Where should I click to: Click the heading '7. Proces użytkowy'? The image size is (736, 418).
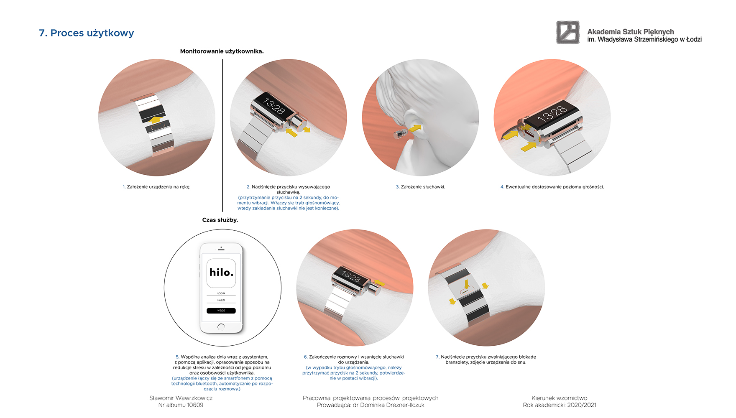(86, 33)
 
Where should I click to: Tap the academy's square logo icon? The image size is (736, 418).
(568, 32)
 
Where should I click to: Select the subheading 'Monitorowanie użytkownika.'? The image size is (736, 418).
(222, 51)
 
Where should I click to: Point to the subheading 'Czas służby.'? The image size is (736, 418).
(220, 220)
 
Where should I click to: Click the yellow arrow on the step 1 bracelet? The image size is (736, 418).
(156, 120)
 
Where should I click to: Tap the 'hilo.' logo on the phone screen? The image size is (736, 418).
(221, 273)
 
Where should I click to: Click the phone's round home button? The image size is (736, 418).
(221, 327)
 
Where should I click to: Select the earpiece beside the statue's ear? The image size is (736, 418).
(400, 134)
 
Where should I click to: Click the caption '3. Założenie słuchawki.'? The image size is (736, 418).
(420, 187)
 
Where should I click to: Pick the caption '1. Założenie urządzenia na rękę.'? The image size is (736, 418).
(156, 187)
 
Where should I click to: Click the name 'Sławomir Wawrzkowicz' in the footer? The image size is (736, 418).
(181, 398)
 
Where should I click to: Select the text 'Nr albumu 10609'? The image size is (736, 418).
(181, 405)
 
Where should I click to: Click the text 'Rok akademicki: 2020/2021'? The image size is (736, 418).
(560, 405)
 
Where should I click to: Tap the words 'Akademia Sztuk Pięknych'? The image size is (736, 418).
(631, 32)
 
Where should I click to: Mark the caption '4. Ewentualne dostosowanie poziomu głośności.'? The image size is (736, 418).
(552, 187)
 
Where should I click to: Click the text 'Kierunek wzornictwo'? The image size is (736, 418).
(560, 398)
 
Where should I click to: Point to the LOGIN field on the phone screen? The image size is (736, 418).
(221, 293)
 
